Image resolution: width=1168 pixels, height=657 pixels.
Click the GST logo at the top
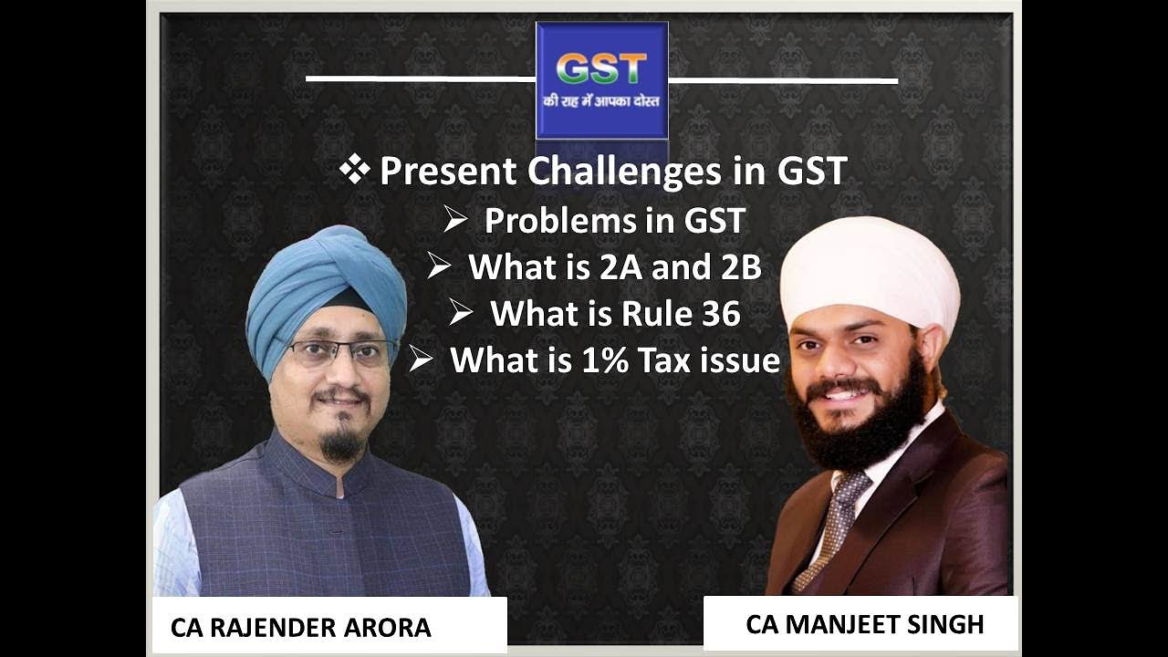[601, 80]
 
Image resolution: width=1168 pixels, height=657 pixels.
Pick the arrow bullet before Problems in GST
[455, 220]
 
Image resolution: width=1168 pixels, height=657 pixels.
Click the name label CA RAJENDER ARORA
[300, 628]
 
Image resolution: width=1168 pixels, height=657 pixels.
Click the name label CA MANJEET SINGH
[864, 624]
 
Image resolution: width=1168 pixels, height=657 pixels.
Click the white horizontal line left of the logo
[420, 78]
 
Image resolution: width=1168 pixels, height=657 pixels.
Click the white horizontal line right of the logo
[783, 80]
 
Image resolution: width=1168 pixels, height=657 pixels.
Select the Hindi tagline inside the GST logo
[601, 101]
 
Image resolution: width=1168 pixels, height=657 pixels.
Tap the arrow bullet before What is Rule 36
[461, 313]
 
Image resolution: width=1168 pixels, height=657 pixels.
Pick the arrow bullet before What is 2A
[439, 266]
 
